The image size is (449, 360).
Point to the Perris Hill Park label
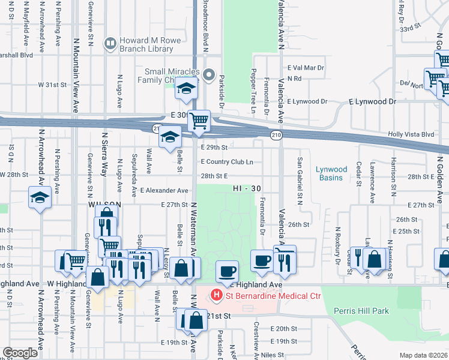tap(362, 311)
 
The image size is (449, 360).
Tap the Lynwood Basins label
tap(331, 173)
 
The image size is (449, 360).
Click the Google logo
tap(20, 353)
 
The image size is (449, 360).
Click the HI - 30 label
tap(247, 188)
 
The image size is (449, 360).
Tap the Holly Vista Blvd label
tap(411, 134)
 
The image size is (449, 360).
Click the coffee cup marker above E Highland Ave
tap(228, 271)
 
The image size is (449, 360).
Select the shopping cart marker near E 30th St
tap(199, 120)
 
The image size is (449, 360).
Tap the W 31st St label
tap(52, 85)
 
